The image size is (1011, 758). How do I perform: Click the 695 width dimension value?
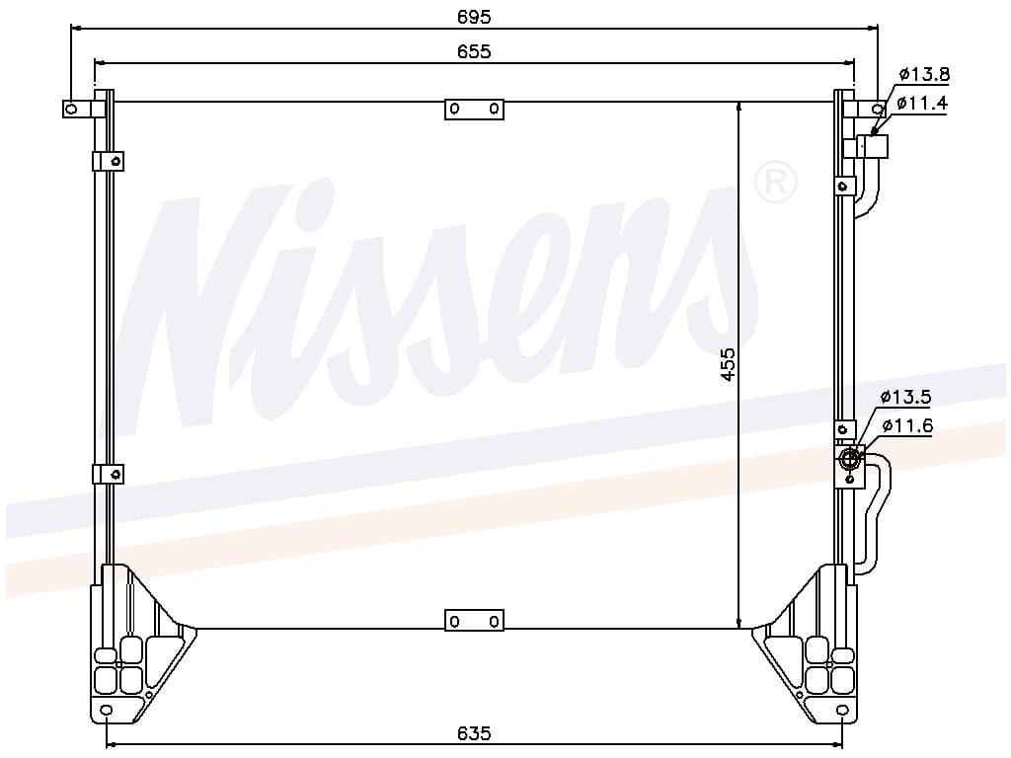tap(474, 17)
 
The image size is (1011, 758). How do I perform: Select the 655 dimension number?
tap(474, 51)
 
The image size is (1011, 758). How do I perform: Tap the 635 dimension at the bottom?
tap(474, 733)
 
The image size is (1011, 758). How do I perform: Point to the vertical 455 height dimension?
tap(728, 365)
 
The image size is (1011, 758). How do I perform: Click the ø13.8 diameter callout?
tap(924, 75)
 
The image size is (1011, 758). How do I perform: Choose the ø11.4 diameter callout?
tap(922, 103)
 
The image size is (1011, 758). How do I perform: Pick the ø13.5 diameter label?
tap(906, 397)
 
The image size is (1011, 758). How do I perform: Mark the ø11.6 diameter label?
tap(907, 426)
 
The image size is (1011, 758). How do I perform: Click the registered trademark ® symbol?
tap(776, 183)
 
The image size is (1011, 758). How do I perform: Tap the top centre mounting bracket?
tap(474, 109)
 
